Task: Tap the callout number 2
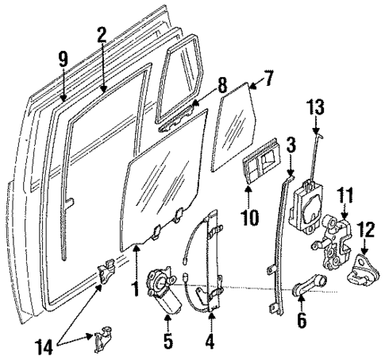[102, 34]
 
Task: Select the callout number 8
[222, 82]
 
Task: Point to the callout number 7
[269, 79]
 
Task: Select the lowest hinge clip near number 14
[101, 340]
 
